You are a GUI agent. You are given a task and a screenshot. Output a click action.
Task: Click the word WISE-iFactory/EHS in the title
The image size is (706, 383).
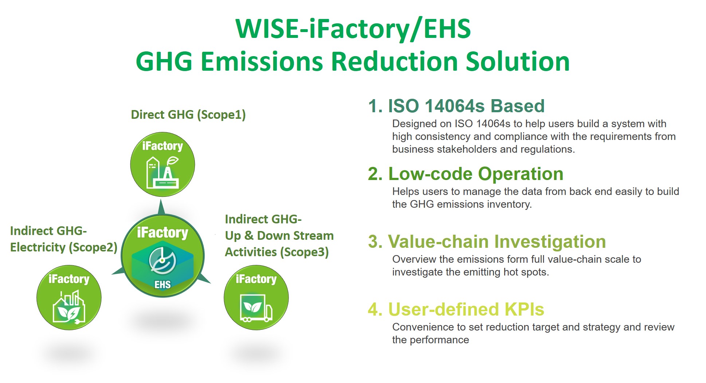(353, 29)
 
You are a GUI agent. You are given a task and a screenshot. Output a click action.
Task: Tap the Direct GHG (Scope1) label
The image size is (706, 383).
(188, 115)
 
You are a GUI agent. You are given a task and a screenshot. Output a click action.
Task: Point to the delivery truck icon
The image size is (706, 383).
(256, 308)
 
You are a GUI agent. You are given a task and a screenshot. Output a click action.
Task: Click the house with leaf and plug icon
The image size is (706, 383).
(69, 307)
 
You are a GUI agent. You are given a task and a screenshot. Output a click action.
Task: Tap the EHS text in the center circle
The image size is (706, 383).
(162, 284)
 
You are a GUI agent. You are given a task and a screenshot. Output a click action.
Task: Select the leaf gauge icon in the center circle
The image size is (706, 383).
(162, 260)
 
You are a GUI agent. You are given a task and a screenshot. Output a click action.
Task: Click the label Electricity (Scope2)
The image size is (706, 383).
(64, 247)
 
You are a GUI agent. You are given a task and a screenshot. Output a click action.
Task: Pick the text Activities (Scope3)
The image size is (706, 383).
(277, 252)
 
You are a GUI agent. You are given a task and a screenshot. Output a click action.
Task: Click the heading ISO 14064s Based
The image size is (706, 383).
(466, 106)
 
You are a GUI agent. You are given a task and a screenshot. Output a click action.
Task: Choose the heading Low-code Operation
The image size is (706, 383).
(476, 174)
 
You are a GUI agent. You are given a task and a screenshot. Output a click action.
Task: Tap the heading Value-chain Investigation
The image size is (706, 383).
(497, 242)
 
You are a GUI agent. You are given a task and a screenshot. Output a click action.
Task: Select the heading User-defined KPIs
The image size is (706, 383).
(466, 309)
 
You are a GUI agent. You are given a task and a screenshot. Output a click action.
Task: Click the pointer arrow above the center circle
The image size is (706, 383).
(162, 207)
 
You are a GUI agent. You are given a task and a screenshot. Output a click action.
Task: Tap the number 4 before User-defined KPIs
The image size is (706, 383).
(373, 309)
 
